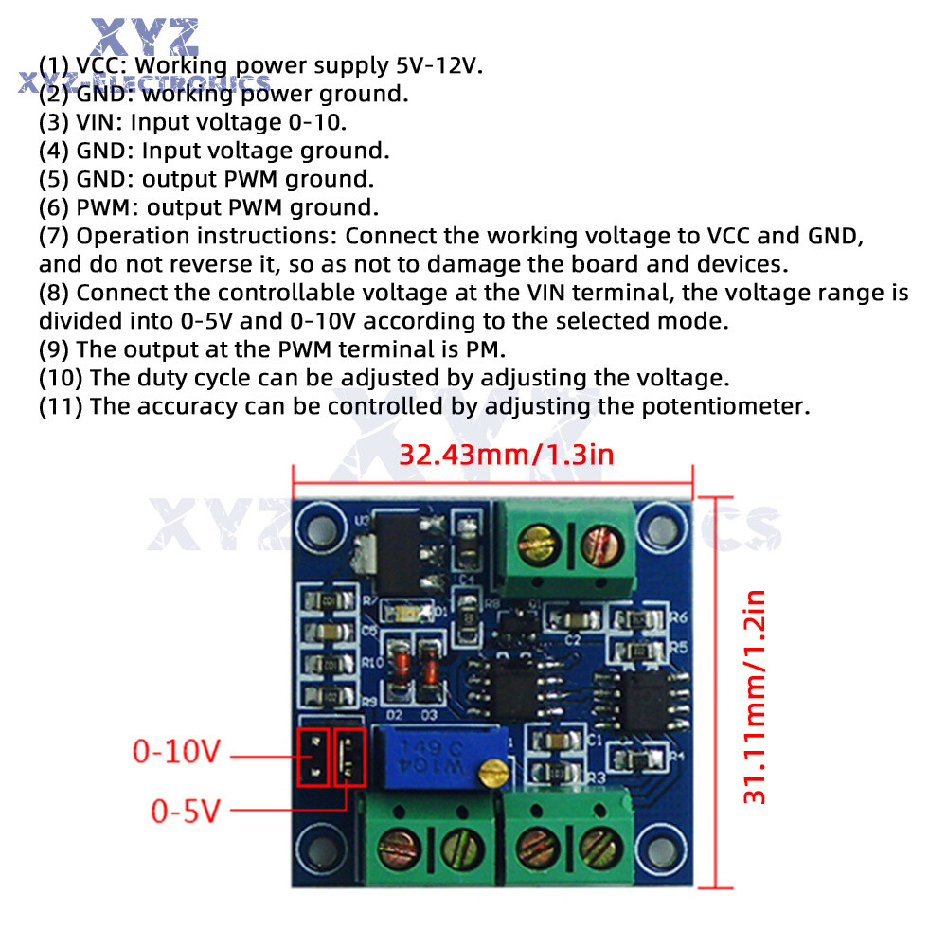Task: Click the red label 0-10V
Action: tap(177, 753)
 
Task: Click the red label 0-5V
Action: tap(187, 812)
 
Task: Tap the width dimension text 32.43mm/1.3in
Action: tap(506, 455)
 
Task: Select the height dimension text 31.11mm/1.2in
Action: tap(755, 697)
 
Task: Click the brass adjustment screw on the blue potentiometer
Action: tap(489, 775)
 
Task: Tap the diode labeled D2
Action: tap(401, 668)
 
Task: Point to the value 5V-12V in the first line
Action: tap(439, 65)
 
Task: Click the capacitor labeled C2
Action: tap(572, 621)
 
